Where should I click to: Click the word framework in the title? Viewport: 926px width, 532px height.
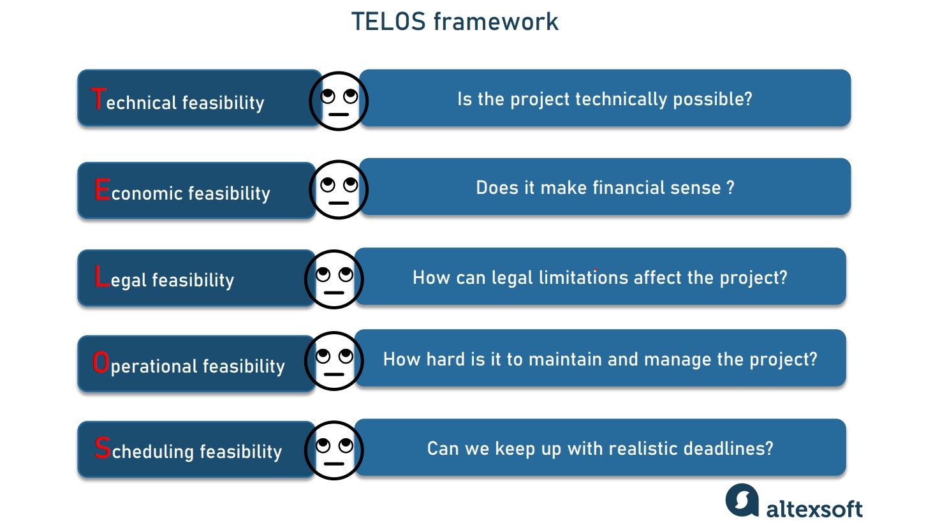[x=496, y=22]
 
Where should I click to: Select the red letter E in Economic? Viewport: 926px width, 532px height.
[x=101, y=190]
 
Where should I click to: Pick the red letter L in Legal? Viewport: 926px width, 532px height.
[x=101, y=277]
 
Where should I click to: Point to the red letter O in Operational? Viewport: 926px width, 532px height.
[x=101, y=363]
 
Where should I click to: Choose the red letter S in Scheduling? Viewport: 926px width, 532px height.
[x=102, y=448]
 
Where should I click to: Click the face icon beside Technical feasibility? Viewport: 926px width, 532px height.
[x=339, y=101]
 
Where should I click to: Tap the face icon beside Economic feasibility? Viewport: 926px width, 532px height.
[x=339, y=189]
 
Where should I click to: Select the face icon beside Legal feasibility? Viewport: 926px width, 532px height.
[x=334, y=279]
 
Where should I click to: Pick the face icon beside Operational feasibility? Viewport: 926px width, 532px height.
[x=334, y=360]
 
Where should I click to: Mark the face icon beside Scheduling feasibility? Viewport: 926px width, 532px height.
[x=334, y=450]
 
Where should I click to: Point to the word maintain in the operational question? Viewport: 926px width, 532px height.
[x=561, y=359]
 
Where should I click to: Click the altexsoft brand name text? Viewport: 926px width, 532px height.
[x=814, y=508]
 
